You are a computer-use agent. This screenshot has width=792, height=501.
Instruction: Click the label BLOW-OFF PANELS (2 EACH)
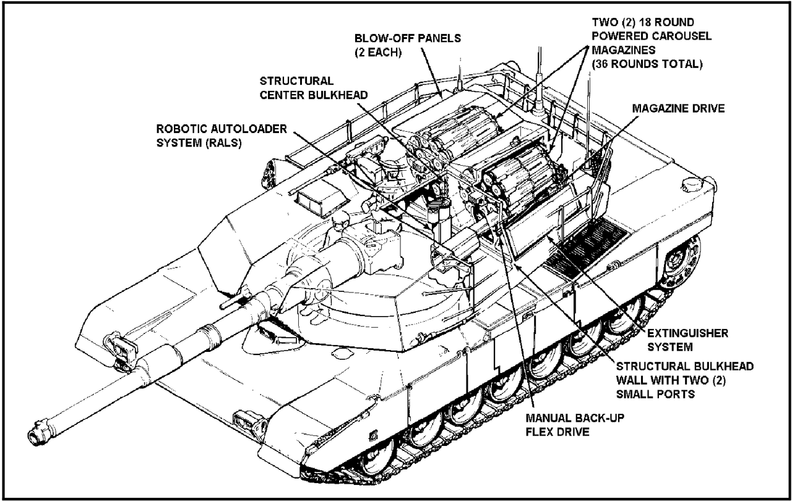[407, 45]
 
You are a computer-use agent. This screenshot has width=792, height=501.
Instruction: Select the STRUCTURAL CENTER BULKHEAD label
[313, 88]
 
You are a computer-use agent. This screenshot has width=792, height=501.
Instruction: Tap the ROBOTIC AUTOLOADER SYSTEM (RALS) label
[222, 135]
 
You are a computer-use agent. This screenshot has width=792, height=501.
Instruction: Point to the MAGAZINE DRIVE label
[678, 108]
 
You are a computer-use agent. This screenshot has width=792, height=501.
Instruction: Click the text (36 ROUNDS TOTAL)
[647, 64]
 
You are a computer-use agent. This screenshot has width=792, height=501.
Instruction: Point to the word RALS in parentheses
[224, 143]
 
